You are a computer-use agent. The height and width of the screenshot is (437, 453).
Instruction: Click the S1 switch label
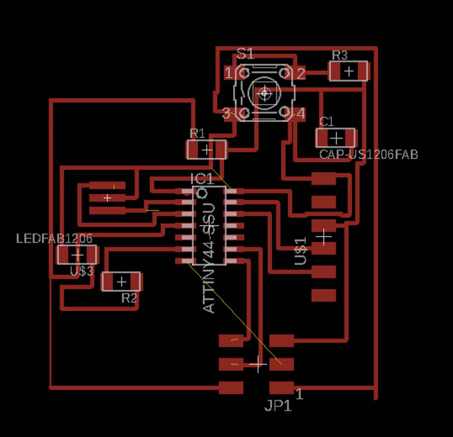(245, 54)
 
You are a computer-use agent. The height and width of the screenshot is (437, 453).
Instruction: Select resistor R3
(348, 71)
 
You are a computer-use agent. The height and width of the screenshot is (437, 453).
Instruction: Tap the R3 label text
(339, 55)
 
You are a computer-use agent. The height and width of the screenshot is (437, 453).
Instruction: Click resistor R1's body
(206, 150)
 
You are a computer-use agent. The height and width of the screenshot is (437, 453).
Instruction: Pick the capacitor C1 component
(336, 138)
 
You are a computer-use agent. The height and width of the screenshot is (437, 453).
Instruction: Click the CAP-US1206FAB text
(368, 154)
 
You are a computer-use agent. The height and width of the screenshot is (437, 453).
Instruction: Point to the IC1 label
(202, 179)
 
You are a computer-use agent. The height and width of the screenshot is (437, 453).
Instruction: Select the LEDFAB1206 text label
(54, 238)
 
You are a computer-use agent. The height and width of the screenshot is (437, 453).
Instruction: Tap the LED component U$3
(77, 255)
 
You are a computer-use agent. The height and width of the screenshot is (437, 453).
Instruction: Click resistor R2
(121, 281)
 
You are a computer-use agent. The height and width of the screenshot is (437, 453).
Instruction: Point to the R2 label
(129, 298)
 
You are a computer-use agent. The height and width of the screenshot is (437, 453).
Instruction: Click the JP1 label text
(278, 405)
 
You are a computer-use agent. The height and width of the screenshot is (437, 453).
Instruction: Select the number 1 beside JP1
(299, 394)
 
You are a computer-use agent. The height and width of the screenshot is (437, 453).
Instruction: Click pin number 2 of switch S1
(300, 74)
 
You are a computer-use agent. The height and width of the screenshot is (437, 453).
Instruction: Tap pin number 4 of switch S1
(300, 113)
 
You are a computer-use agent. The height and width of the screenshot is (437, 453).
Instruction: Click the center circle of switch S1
(265, 93)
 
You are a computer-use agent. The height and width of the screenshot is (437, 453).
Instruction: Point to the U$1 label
(300, 251)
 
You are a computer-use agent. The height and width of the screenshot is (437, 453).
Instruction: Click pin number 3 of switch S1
(226, 113)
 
